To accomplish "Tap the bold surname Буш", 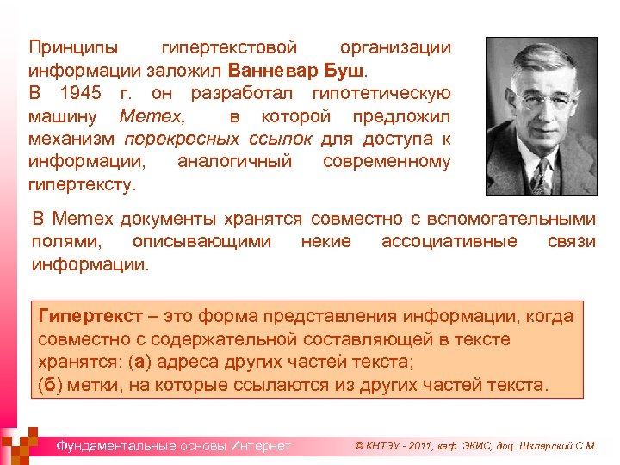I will pyautogui.click(x=348, y=69).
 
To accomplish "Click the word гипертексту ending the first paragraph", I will pyautogui.click(x=81, y=184).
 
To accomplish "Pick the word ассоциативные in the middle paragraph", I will pyautogui.click(x=449, y=241).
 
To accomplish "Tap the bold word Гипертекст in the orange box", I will pyautogui.click(x=90, y=317).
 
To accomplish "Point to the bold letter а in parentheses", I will pyautogui.click(x=139, y=361).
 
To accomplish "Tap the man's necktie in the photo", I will pyautogui.click(x=540, y=177).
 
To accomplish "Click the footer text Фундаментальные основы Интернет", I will pyautogui.click(x=173, y=446).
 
